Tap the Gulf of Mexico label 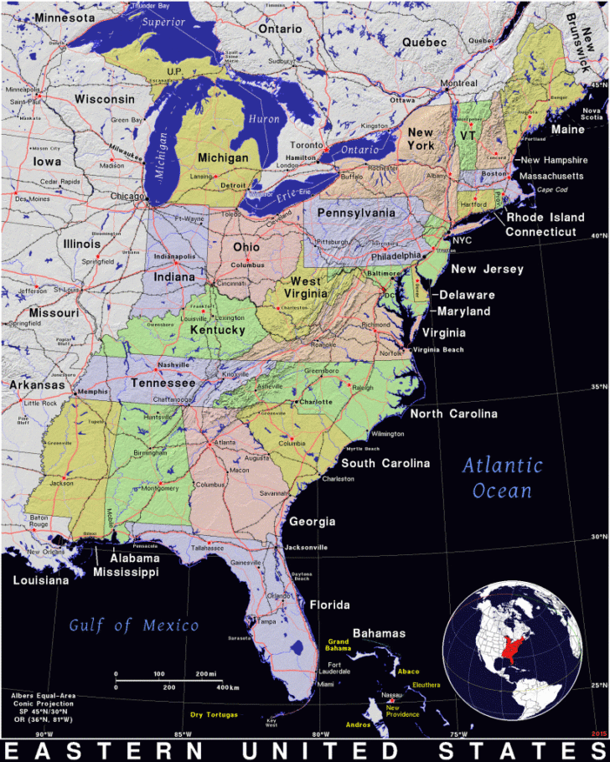tap(134, 625)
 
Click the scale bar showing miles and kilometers tap(168, 680)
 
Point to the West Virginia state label tap(306, 289)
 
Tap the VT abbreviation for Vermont tap(468, 134)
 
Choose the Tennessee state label tap(163, 383)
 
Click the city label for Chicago tap(128, 196)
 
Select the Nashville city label tap(174, 365)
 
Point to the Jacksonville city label tap(305, 547)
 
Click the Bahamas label tap(378, 633)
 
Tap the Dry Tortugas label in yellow tap(214, 714)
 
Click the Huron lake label tap(265, 119)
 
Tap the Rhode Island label tap(546, 217)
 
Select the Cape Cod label tap(551, 189)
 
